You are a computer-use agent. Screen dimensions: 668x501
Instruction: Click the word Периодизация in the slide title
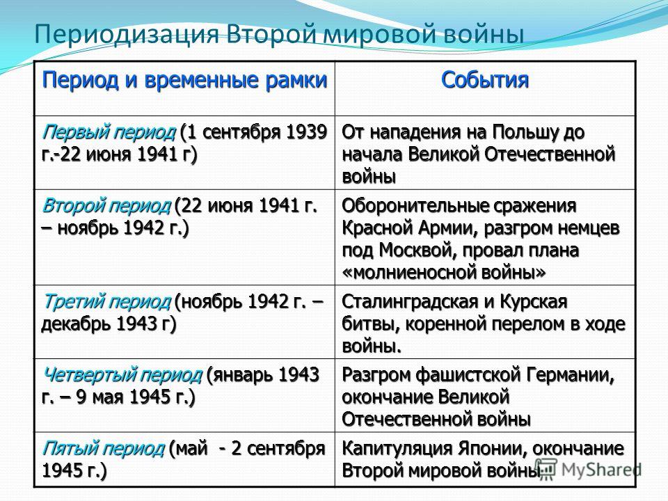[127, 35]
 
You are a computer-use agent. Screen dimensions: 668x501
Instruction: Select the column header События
[485, 79]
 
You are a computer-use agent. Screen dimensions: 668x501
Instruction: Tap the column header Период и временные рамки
[184, 81]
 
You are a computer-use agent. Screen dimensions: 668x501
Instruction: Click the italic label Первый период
[109, 132]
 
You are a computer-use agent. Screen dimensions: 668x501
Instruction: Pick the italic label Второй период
[106, 206]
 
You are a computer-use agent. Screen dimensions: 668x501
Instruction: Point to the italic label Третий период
[106, 302]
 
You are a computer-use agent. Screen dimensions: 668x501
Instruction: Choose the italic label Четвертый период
[122, 375]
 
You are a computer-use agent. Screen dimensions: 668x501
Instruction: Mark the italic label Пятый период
[103, 449]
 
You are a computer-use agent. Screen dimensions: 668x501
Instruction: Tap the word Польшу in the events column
[526, 132]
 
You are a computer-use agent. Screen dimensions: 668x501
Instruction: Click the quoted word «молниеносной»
[412, 273]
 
